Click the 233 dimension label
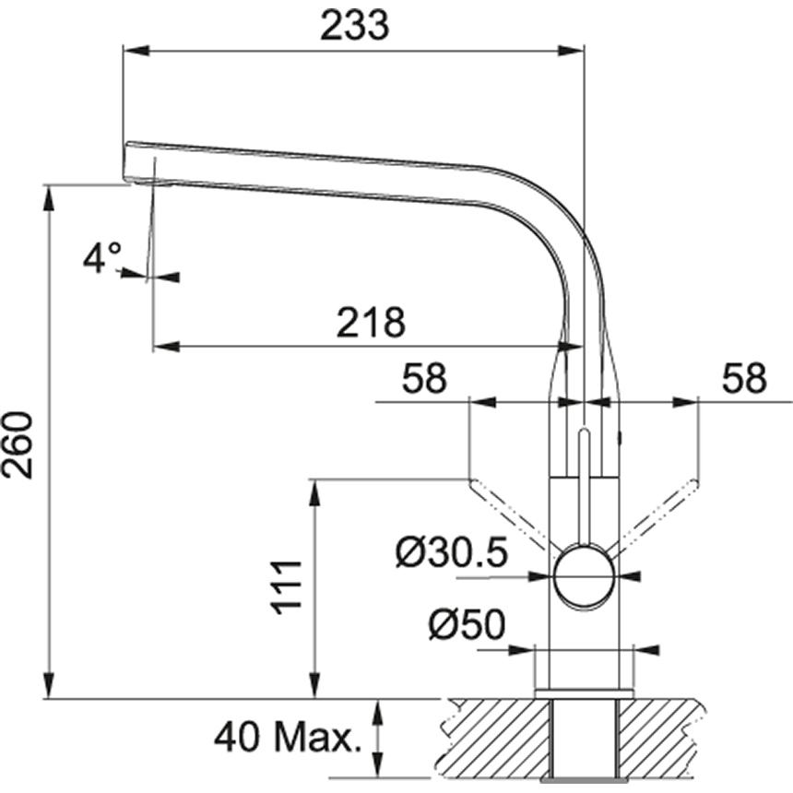(x=355, y=27)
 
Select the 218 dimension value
(x=370, y=323)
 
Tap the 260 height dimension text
(x=20, y=444)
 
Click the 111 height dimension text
(x=287, y=586)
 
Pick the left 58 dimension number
(x=424, y=379)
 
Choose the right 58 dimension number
(x=744, y=379)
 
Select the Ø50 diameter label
(x=466, y=626)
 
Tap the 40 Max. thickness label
(x=286, y=738)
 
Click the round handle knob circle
(x=584, y=576)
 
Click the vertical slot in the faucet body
(x=584, y=479)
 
